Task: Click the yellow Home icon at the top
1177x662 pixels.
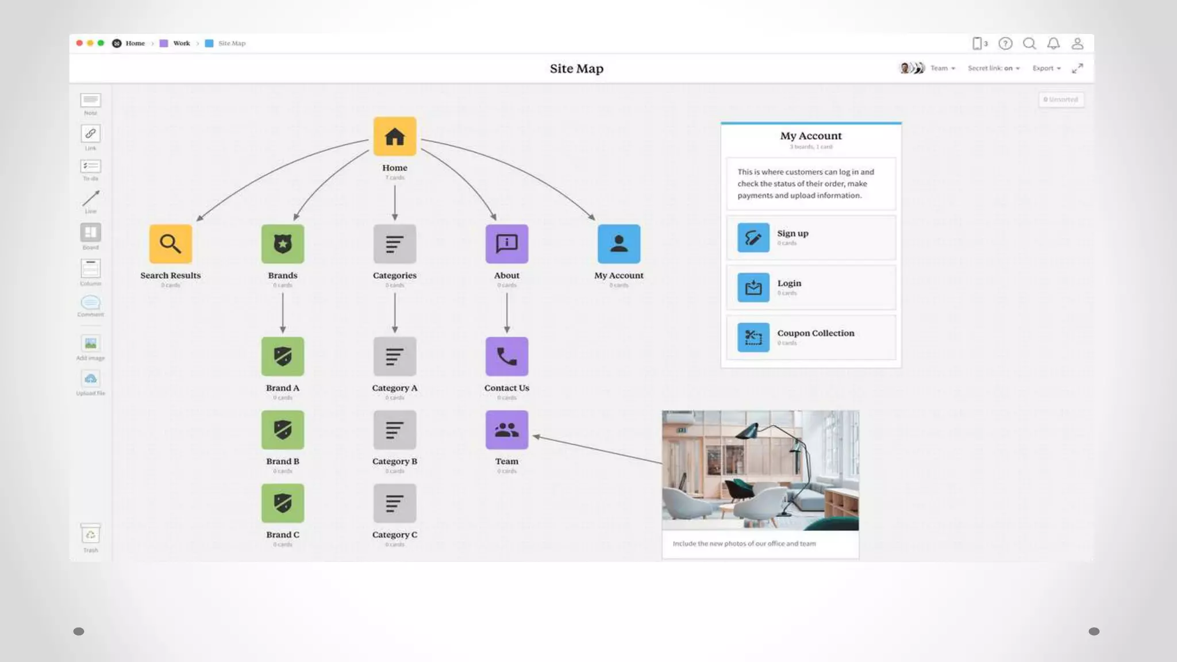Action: [x=395, y=137]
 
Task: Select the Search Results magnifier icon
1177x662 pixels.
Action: [x=171, y=244]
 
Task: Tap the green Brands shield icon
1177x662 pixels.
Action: [x=283, y=244]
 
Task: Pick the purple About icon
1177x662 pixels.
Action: [x=506, y=244]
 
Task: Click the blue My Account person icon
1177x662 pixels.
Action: [x=619, y=244]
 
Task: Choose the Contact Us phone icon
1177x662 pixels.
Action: [x=506, y=356]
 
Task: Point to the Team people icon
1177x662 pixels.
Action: [x=506, y=430]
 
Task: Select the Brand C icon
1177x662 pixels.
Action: [x=283, y=503]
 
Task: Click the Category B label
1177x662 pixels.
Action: [x=395, y=461]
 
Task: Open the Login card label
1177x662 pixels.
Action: [x=789, y=283]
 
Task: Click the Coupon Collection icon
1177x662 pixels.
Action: [x=753, y=337]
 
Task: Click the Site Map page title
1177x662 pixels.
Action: [x=576, y=69]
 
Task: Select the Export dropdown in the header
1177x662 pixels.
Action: [x=1046, y=68]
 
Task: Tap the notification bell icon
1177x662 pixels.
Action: [x=1053, y=44]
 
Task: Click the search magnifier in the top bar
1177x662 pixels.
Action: [x=1029, y=44]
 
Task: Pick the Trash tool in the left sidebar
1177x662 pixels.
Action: [x=91, y=536]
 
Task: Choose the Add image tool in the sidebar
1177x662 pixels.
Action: [x=91, y=344]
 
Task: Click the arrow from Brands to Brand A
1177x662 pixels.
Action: [x=283, y=313]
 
